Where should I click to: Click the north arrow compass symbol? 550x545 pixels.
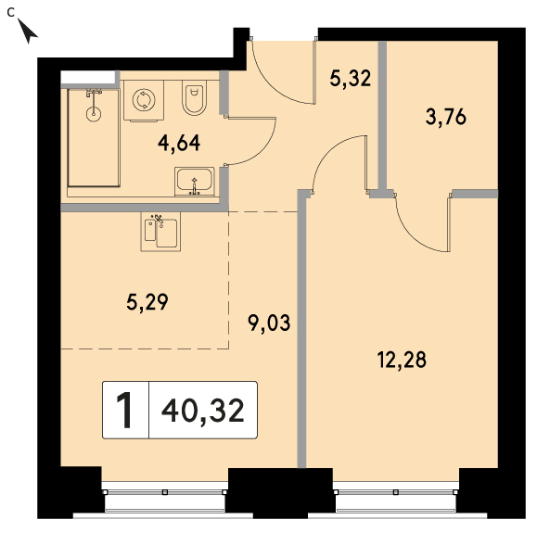pyautogui.click(x=27, y=32)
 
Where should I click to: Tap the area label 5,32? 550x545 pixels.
pyautogui.click(x=350, y=78)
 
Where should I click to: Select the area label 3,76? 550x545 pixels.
pyautogui.click(x=446, y=117)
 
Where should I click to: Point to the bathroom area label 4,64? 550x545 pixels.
pyautogui.click(x=179, y=143)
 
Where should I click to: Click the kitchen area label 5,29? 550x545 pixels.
pyautogui.click(x=147, y=302)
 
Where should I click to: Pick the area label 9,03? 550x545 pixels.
pyautogui.click(x=269, y=323)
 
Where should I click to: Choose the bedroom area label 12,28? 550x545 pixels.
pyautogui.click(x=402, y=360)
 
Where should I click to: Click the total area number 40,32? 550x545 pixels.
pyautogui.click(x=203, y=411)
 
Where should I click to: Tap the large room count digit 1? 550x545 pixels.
pyautogui.click(x=124, y=410)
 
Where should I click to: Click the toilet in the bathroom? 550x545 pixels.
pyautogui.click(x=194, y=97)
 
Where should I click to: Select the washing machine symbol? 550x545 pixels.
pyautogui.click(x=144, y=101)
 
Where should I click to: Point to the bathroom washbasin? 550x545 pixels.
pyautogui.click(x=195, y=182)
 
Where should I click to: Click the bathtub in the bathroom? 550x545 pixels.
pyautogui.click(x=94, y=137)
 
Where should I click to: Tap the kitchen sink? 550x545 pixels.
pyautogui.click(x=160, y=232)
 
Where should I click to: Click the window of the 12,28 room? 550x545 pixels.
pyautogui.click(x=396, y=497)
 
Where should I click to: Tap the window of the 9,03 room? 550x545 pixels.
pyautogui.click(x=165, y=497)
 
